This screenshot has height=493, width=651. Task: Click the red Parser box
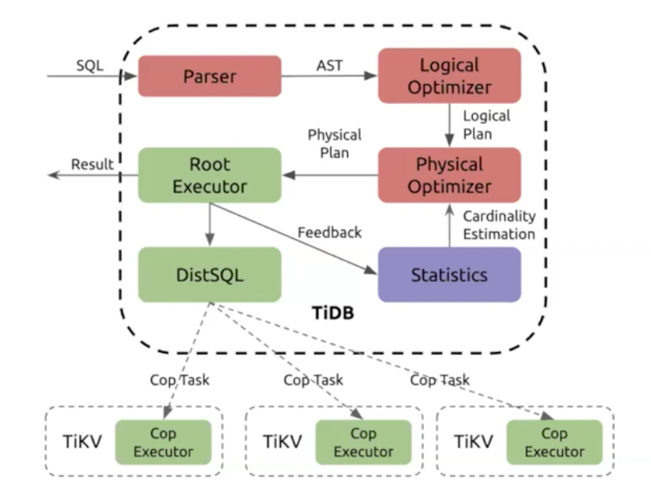coord(210,76)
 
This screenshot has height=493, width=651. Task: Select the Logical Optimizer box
coord(449,75)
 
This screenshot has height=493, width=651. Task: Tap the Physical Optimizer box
coord(449,175)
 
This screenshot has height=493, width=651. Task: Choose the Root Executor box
coord(210,175)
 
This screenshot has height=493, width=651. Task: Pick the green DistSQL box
coord(210,274)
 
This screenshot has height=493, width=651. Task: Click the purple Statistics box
coord(449,274)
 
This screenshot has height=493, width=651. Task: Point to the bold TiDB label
coord(333,313)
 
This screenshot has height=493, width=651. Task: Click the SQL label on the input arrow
coord(89,65)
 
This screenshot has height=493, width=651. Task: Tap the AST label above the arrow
coord(329,65)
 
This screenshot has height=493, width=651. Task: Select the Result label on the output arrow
coord(92,164)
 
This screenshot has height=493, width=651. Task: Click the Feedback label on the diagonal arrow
coord(329,233)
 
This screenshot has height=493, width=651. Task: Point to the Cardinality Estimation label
coord(499,225)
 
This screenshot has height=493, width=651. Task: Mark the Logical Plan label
coord(487,125)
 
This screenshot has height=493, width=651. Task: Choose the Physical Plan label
coord(335,144)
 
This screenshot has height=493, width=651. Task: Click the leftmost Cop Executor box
coord(164,442)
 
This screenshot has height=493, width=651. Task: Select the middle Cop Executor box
coord(363,442)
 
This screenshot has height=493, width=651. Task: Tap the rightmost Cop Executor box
coord(555,442)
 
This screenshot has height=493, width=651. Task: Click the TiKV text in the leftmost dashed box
coord(83,441)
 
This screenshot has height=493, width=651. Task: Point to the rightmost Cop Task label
coord(440,380)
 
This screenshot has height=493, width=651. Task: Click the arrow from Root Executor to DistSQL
coord(210,225)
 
